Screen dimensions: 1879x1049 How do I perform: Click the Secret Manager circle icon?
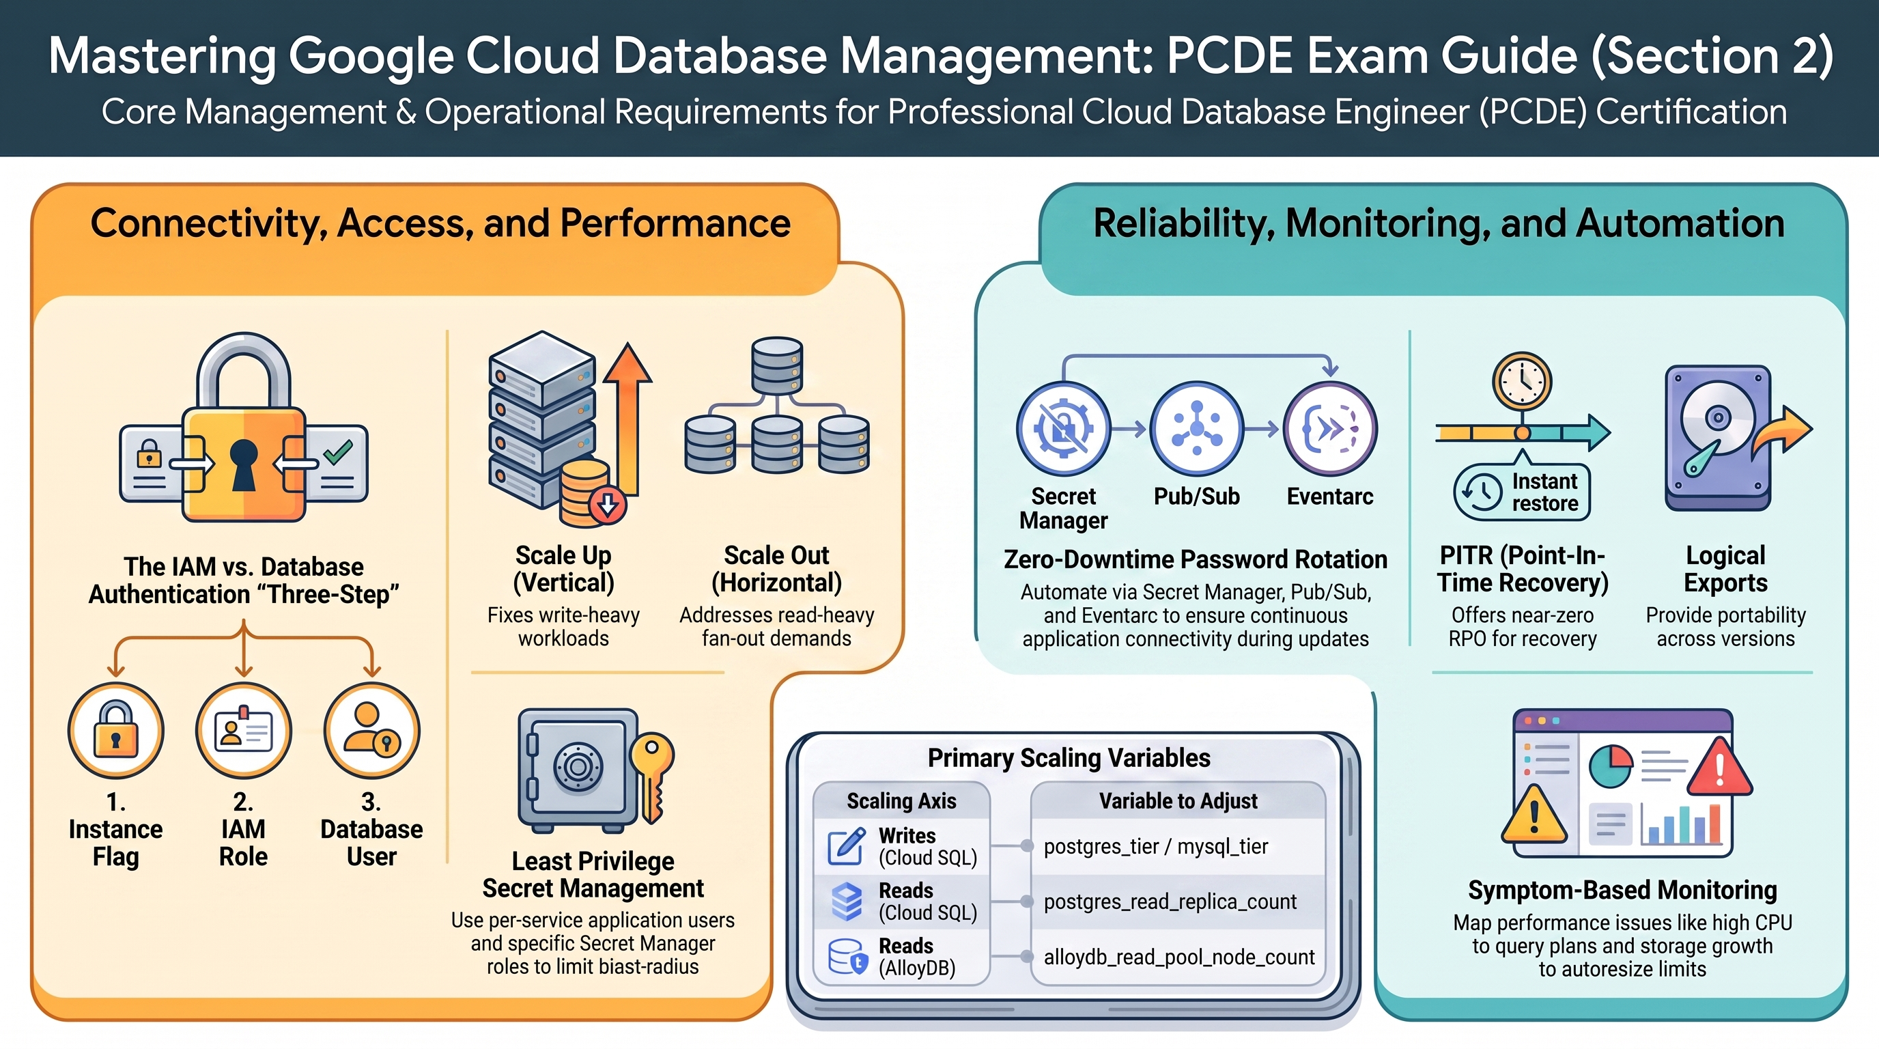click(1064, 429)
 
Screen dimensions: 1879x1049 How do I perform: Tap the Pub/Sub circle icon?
click(1196, 429)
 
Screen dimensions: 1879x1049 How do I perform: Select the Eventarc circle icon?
click(1330, 429)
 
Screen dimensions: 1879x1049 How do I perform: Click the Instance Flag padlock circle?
click(116, 730)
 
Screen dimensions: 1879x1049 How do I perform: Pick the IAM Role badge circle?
click(244, 730)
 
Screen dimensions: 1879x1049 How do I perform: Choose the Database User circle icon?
click(372, 730)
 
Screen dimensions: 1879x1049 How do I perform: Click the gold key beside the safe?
click(651, 777)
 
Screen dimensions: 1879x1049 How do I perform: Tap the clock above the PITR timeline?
click(1523, 381)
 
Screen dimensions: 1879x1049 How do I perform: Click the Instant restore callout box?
click(1523, 492)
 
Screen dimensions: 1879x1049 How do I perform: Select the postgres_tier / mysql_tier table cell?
click(1178, 846)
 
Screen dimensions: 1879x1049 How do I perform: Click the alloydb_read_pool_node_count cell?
click(1178, 957)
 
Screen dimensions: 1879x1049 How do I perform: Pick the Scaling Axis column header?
click(901, 801)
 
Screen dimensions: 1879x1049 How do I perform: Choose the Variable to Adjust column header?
click(1178, 801)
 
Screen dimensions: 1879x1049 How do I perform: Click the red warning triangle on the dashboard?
click(1719, 766)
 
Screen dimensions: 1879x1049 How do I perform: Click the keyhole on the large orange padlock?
click(244, 464)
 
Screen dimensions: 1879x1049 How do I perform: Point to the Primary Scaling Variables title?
click(1069, 758)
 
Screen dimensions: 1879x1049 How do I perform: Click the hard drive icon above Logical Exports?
click(1718, 438)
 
